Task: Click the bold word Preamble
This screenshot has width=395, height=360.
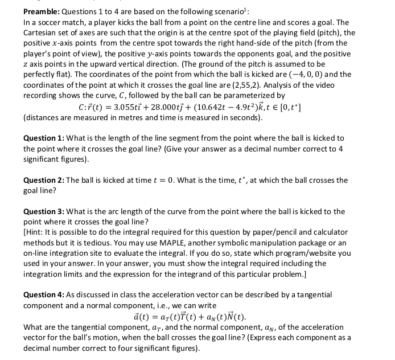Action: (x=42, y=11)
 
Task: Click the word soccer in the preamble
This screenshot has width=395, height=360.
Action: (x=46, y=22)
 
